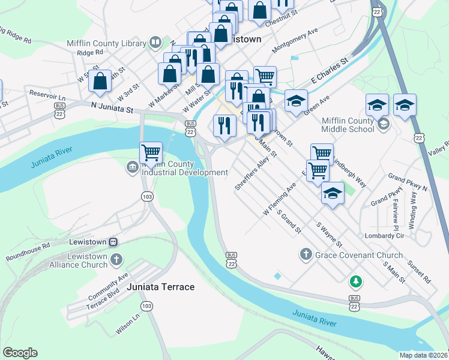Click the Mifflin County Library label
click(106, 43)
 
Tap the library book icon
click(155, 43)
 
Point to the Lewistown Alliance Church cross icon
click(116, 260)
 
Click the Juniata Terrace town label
click(161, 287)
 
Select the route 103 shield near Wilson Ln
click(146, 306)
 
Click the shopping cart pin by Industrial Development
click(151, 152)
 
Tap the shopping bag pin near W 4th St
click(100, 81)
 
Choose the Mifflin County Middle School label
click(348, 125)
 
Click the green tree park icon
click(356, 280)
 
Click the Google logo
click(20, 353)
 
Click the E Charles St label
click(329, 71)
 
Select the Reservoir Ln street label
click(47, 95)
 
